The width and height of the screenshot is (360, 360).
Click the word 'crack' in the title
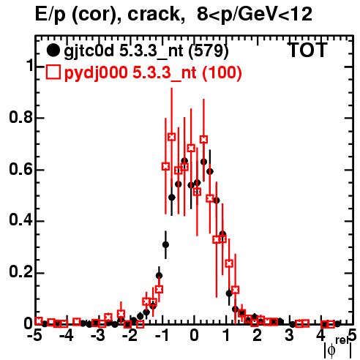point(154,14)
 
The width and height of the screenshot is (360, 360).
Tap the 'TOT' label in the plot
point(307,50)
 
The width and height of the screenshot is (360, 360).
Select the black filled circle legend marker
point(53,50)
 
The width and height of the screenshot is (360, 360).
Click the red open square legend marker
point(53,72)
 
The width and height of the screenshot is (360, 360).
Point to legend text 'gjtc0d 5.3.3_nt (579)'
point(146,51)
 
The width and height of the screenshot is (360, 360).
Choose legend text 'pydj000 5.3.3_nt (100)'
point(153,72)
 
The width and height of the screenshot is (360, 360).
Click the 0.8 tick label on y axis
point(20,117)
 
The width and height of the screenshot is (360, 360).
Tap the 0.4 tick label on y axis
point(20,221)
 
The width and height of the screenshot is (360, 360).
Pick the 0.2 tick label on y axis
point(20,272)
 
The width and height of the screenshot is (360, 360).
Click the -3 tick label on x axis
point(98,336)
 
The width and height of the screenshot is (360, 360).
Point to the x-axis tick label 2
point(258,336)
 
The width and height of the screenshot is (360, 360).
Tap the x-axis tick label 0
point(194,336)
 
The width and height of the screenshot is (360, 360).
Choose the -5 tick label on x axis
point(35,336)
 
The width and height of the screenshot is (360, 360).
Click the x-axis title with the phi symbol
point(338,348)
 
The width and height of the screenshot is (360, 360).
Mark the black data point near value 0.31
point(165,244)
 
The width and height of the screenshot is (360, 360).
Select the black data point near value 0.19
point(159,276)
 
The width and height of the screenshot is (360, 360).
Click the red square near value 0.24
point(229,263)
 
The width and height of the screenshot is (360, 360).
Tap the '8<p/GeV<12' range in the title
point(255,14)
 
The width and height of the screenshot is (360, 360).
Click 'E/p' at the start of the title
point(50,15)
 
